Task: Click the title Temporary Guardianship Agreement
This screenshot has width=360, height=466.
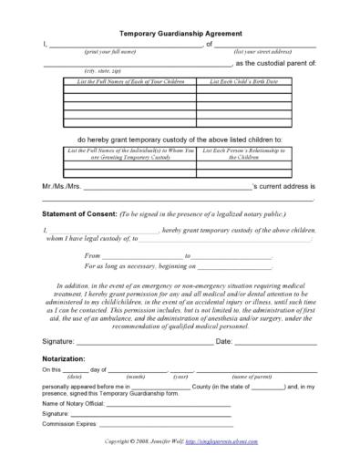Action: point(180,30)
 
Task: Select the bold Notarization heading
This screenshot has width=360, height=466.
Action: point(69,360)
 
